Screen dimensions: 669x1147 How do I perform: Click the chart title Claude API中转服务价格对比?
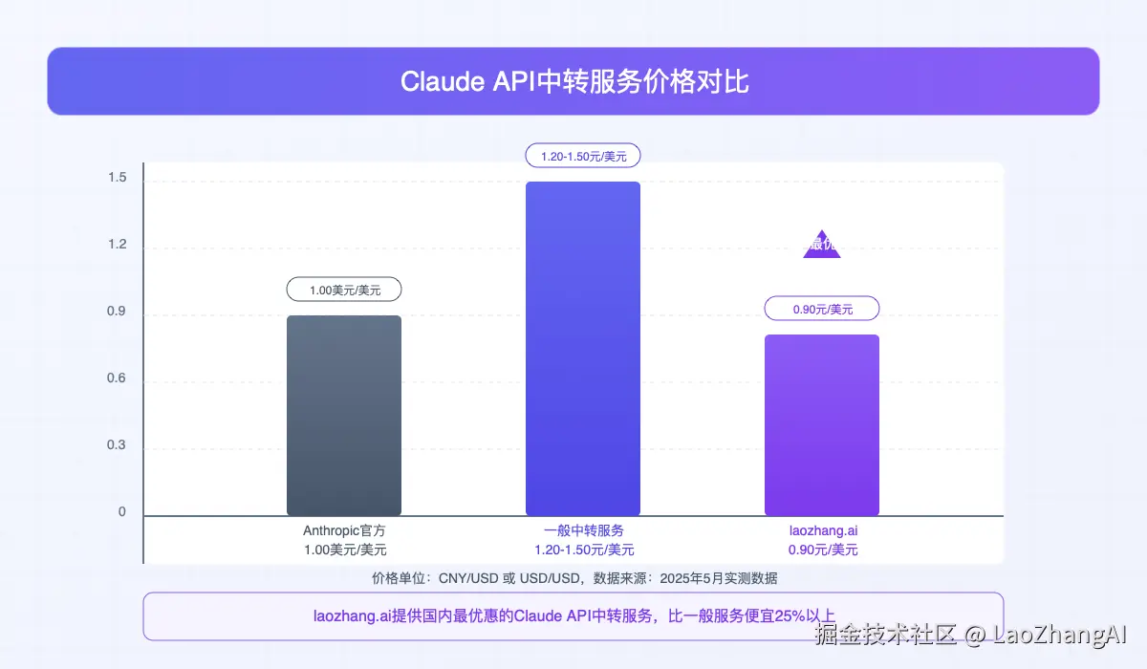click(x=573, y=81)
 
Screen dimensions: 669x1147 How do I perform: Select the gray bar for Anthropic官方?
click(x=344, y=416)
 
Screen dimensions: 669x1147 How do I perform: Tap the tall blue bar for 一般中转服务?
click(x=583, y=349)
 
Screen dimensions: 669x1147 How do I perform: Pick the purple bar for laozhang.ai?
click(x=822, y=425)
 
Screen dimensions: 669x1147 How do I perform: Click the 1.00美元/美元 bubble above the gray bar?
click(x=344, y=290)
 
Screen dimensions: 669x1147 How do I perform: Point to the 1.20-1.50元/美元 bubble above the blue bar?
click(x=583, y=156)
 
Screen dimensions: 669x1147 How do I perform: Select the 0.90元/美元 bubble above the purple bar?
click(x=822, y=309)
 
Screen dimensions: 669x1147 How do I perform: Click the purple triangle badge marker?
click(x=822, y=247)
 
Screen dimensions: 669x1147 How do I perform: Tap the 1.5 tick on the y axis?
click(x=117, y=179)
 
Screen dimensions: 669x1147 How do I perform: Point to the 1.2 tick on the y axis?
click(x=117, y=245)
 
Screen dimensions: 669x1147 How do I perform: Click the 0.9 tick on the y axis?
click(x=117, y=312)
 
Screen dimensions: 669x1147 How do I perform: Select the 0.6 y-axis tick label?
click(x=117, y=378)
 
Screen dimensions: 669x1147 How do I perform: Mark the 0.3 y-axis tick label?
click(x=117, y=445)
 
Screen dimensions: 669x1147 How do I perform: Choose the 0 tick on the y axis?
click(x=122, y=512)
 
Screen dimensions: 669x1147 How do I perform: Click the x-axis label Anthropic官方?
click(x=344, y=530)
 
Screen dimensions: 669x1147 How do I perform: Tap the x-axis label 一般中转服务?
click(x=583, y=530)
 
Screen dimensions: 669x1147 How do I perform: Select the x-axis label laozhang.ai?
click(x=822, y=530)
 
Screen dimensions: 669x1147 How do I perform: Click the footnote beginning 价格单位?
click(x=573, y=578)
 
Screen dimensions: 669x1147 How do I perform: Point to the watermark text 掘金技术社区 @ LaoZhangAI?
click(x=970, y=634)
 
